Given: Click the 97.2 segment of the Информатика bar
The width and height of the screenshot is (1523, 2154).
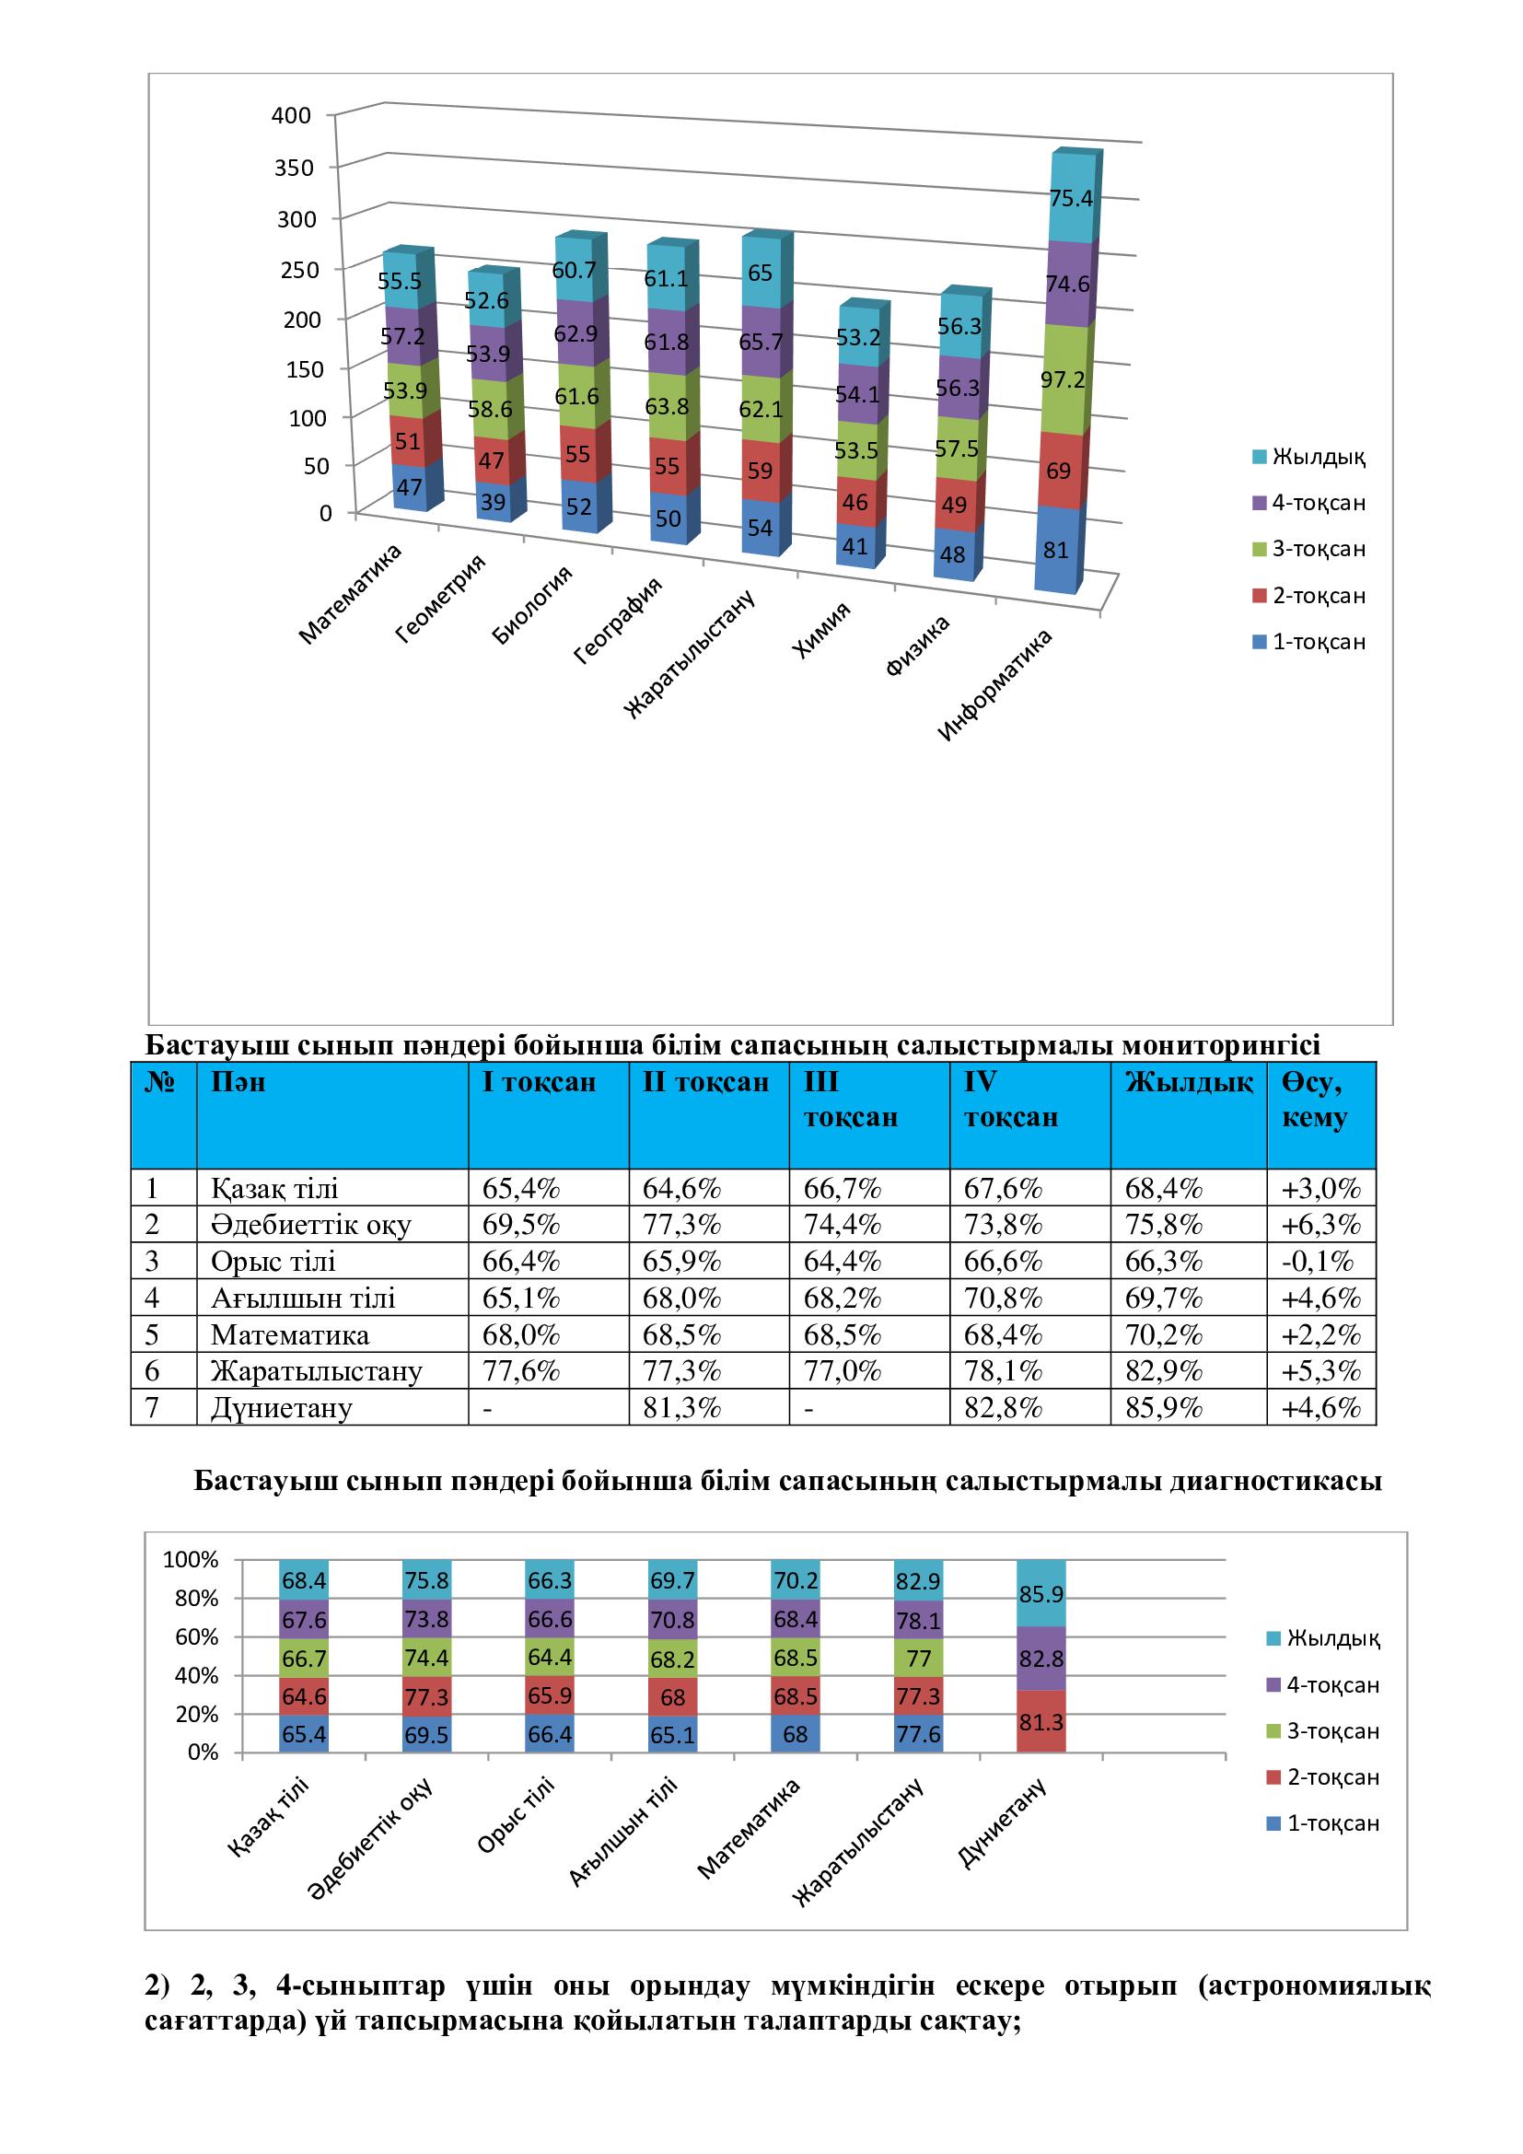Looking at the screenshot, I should (1063, 379).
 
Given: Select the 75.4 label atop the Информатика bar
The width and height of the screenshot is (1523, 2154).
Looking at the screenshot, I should (1070, 198).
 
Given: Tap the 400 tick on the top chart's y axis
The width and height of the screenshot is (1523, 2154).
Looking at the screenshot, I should (291, 115).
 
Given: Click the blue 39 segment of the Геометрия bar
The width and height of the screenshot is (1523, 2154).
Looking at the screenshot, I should (493, 503).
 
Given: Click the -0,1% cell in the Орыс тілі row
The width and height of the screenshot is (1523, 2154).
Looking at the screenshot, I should (1320, 1261).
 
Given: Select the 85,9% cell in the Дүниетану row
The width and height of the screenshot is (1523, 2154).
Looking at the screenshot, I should (1163, 1408).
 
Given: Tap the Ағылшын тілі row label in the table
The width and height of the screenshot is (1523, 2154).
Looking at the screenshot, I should (303, 1298).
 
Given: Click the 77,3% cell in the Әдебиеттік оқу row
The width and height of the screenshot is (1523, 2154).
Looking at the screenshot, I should (681, 1224).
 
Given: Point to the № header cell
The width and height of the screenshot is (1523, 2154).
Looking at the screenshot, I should (162, 1083).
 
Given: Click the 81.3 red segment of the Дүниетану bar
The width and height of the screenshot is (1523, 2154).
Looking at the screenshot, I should (1041, 1722).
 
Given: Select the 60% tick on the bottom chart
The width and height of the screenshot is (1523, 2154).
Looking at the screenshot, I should (196, 1637).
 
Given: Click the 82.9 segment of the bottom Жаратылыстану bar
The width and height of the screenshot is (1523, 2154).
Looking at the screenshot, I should (918, 1582).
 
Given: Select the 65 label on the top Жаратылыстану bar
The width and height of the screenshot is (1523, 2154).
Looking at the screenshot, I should (760, 273).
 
